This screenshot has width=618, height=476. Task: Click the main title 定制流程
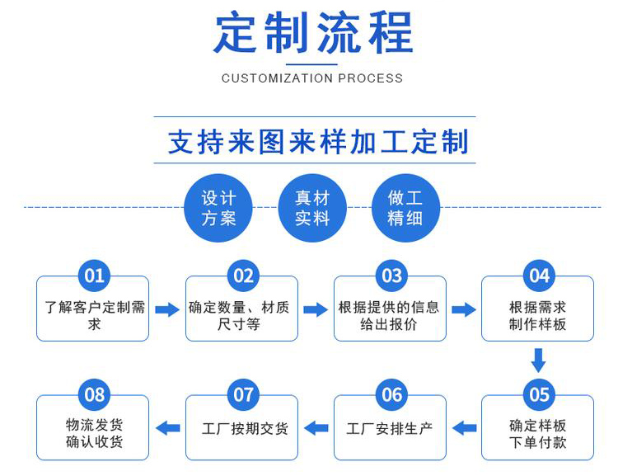(312, 34)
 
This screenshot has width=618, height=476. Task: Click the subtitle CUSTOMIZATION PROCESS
(312, 78)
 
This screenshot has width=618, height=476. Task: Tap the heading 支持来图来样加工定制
(318, 141)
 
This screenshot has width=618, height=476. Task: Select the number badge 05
(539, 394)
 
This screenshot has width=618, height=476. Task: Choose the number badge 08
(95, 394)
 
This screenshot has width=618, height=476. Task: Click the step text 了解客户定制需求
(94, 316)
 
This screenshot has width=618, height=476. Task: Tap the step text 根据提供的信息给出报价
(389, 316)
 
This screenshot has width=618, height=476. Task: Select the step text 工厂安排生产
(389, 429)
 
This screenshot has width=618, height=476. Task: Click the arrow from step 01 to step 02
(167, 310)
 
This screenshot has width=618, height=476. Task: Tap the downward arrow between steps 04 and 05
(538, 361)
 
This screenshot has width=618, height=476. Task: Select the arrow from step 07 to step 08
(168, 427)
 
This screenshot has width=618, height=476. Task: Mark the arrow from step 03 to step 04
(464, 310)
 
